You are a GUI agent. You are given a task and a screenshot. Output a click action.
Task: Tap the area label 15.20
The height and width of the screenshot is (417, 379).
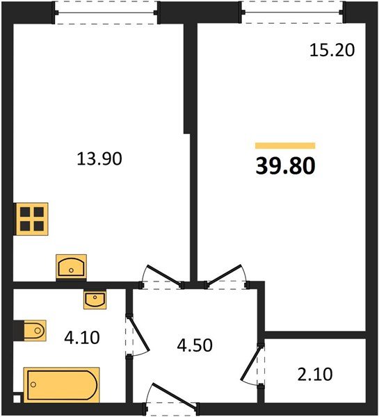coord(332,50)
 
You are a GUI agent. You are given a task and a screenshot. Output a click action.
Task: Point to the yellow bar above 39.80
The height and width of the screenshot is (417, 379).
coord(285,146)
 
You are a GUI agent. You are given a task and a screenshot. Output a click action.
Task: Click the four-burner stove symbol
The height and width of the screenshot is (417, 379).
coord(31,218)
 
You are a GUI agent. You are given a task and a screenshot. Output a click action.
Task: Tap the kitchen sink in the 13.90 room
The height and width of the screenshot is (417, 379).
coord(71,266)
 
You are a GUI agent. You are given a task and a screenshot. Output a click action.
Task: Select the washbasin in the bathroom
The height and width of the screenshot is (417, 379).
coord(95,300)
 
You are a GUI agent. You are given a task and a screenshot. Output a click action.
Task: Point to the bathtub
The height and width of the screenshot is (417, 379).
coord(61,384)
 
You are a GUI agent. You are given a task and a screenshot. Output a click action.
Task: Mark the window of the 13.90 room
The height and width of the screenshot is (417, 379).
coord(107,13)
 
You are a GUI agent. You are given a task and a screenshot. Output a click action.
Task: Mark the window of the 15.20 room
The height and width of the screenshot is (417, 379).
coord(292,13)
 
